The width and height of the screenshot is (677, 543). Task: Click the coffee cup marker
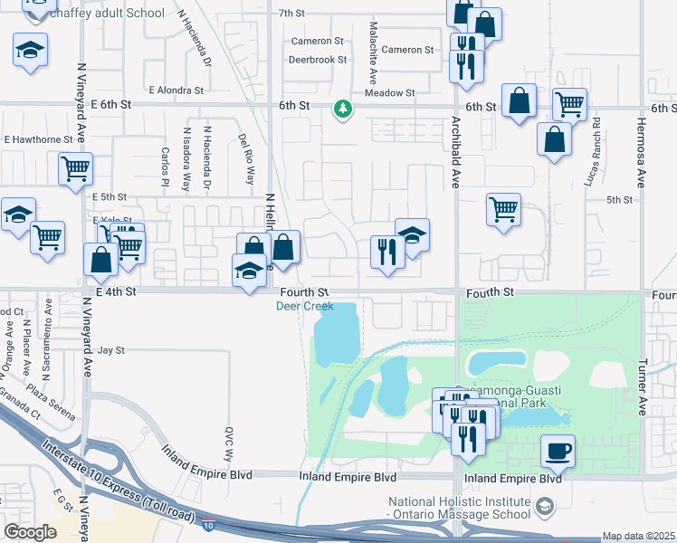pyautogui.click(x=558, y=451)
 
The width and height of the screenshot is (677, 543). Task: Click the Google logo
pyautogui.click(x=30, y=532)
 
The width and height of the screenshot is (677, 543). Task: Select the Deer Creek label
pyautogui.click(x=305, y=306)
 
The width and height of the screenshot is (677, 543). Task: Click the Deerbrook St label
pyautogui.click(x=318, y=60)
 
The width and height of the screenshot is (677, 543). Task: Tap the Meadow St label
pyautogui.click(x=389, y=92)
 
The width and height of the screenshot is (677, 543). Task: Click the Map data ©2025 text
pyautogui.click(x=637, y=536)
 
